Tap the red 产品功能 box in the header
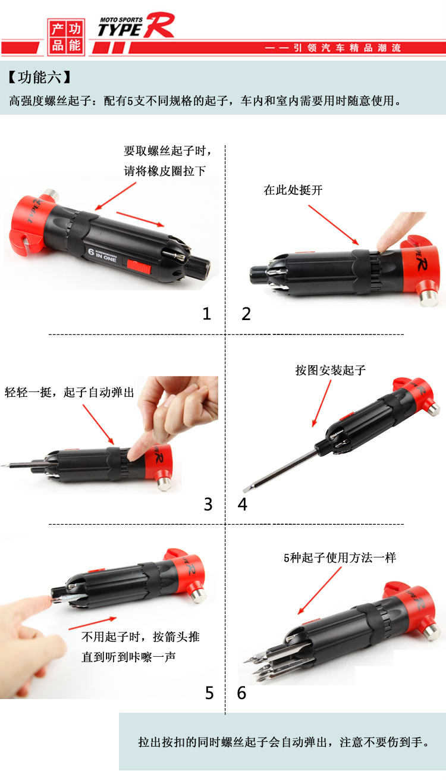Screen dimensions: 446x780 tap(66, 37)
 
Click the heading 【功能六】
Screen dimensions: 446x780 tap(39, 77)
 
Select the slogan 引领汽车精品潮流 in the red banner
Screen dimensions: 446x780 tap(347, 48)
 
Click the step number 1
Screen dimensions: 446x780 tap(207, 314)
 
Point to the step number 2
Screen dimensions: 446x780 tap(246, 314)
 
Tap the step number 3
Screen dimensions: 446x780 tap(208, 504)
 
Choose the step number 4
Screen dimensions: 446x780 tap(242, 504)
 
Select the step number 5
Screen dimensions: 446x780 tap(209, 693)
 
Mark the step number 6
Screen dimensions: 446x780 tap(241, 693)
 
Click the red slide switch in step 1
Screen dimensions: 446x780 tap(139, 267)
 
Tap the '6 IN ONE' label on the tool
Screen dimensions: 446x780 tap(102, 254)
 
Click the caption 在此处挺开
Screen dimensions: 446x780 tap(293, 190)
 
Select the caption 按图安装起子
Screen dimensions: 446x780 tap(331, 370)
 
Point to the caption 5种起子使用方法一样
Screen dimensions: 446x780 tap(340, 557)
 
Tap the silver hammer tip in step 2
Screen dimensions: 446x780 tap(429, 298)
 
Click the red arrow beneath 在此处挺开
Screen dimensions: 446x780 tap(334, 225)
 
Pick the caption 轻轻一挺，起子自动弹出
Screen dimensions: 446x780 tap(70, 393)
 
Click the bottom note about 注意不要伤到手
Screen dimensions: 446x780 tap(284, 742)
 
